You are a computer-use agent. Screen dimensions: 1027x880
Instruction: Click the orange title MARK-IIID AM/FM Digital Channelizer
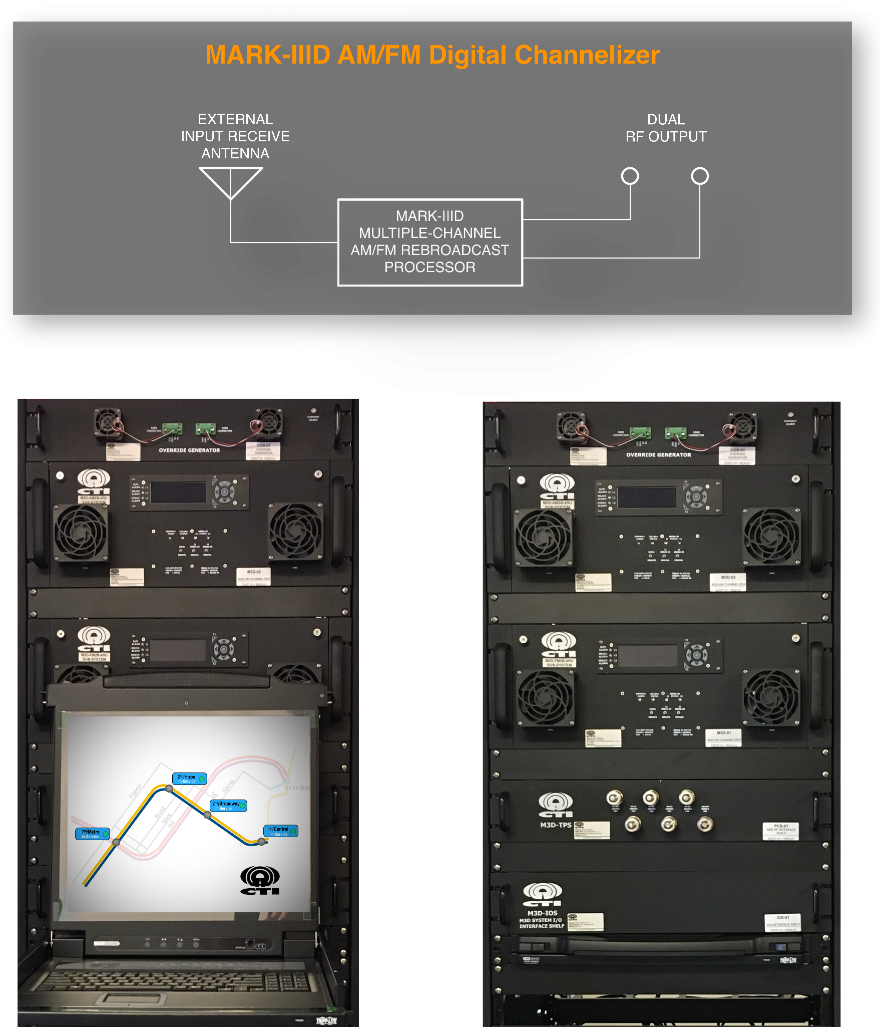pyautogui.click(x=432, y=55)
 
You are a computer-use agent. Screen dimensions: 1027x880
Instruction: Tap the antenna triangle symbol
pyautogui.click(x=230, y=180)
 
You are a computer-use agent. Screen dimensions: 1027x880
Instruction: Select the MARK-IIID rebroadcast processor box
pyautogui.click(x=430, y=242)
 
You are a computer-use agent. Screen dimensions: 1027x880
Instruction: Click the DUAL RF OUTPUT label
pyautogui.click(x=666, y=128)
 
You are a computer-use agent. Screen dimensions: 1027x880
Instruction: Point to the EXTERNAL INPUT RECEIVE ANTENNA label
pyautogui.click(x=235, y=136)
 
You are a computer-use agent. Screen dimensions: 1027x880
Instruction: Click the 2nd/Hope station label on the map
pyautogui.click(x=189, y=779)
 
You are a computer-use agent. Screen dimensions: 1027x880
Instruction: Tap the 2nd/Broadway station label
pyautogui.click(x=228, y=806)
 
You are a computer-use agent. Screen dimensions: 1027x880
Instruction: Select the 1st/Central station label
pyautogui.click(x=280, y=831)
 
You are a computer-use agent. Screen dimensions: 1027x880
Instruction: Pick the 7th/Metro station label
pyautogui.click(x=92, y=834)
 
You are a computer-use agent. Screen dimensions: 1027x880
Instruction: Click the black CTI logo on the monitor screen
pyautogui.click(x=260, y=880)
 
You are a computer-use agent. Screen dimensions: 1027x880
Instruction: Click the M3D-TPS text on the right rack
pyautogui.click(x=556, y=825)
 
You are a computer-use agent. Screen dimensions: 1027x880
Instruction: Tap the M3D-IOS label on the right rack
pyautogui.click(x=542, y=913)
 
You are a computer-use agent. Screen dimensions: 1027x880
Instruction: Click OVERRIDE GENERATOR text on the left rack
pyautogui.click(x=189, y=450)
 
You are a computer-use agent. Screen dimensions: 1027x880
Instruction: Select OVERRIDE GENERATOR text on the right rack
pyautogui.click(x=658, y=455)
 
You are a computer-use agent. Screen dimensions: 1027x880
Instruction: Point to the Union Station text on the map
pyautogui.click(x=297, y=788)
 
